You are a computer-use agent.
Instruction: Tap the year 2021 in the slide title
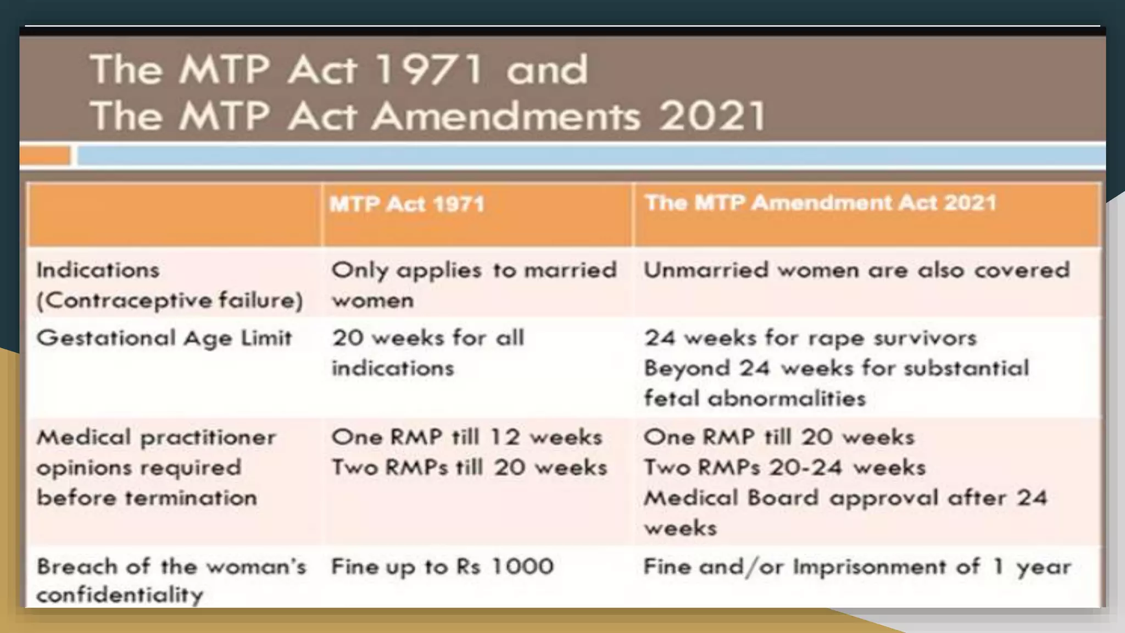pos(712,116)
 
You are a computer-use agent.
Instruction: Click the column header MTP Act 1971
pos(407,204)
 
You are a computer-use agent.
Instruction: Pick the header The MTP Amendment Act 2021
pos(820,203)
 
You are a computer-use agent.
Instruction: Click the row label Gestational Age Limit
pos(164,338)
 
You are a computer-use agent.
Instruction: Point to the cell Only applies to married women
pos(474,285)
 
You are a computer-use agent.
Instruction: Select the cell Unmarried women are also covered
pos(856,270)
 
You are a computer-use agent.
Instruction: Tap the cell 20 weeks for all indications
pos(427,352)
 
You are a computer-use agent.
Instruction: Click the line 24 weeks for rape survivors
pos(810,338)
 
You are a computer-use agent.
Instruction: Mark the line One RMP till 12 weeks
pos(466,437)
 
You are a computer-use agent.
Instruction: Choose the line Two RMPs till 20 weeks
pos(469,467)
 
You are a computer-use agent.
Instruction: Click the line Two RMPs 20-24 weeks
pos(784,467)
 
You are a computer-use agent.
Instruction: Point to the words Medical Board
pos(731,498)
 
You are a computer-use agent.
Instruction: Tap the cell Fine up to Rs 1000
pos(442,567)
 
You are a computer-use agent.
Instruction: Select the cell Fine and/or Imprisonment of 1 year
pos(856,567)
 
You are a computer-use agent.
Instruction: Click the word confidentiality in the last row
pos(120,595)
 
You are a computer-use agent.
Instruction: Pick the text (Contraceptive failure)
pos(170,300)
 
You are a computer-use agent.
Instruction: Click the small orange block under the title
pos(45,156)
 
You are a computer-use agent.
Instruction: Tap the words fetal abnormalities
pos(754,398)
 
